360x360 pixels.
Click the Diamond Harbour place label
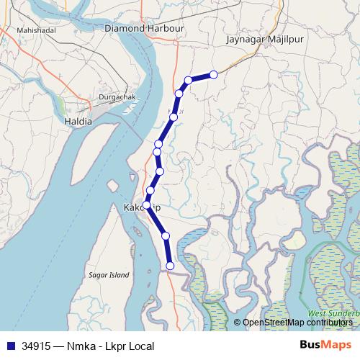point(145,28)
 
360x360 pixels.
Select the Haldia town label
point(78,121)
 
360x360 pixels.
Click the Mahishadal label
point(36,32)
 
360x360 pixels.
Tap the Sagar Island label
point(108,275)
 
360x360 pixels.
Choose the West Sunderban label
point(333,314)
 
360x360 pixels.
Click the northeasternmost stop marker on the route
point(214,74)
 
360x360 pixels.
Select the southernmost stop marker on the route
point(171,266)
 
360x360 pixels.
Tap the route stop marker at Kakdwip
point(147,205)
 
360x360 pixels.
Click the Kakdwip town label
point(141,207)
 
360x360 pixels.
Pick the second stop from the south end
point(166,235)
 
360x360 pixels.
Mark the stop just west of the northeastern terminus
point(189,80)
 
